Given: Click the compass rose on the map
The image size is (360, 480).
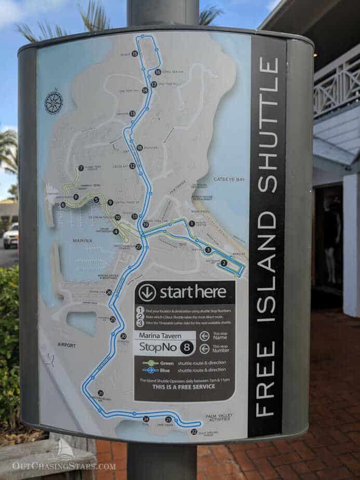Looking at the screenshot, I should (x=54, y=102).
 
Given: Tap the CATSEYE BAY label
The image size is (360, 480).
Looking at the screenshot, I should (x=229, y=179).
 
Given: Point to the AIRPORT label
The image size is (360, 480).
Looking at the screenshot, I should (x=66, y=345).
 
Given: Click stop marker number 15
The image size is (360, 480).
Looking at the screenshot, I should (x=135, y=53).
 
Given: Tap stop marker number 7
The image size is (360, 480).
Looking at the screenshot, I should (x=81, y=168).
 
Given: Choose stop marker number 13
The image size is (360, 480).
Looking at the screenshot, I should (x=132, y=113).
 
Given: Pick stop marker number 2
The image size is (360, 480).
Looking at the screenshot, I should (x=224, y=263).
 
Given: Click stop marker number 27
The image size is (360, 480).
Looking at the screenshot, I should (x=139, y=247).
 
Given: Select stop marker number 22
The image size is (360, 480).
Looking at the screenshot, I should (x=194, y=432).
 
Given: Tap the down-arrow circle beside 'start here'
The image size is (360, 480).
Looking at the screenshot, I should (x=148, y=292).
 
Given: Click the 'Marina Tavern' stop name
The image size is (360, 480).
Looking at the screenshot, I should (x=165, y=335).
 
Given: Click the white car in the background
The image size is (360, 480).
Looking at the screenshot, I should (x=10, y=236).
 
